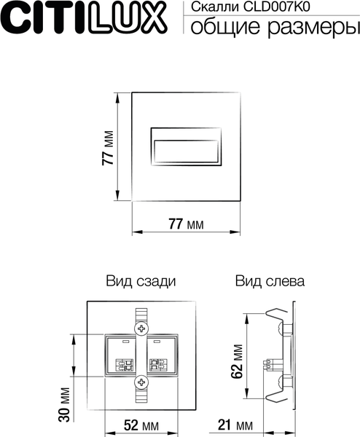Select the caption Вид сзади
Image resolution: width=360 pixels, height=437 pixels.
point(141,280)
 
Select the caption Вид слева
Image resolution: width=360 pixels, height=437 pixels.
point(270,280)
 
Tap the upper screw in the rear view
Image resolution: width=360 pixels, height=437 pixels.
point(141,328)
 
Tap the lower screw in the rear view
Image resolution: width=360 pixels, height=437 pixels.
point(141,381)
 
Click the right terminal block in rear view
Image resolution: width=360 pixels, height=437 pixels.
point(158,356)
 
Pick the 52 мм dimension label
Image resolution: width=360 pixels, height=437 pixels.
point(141,424)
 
